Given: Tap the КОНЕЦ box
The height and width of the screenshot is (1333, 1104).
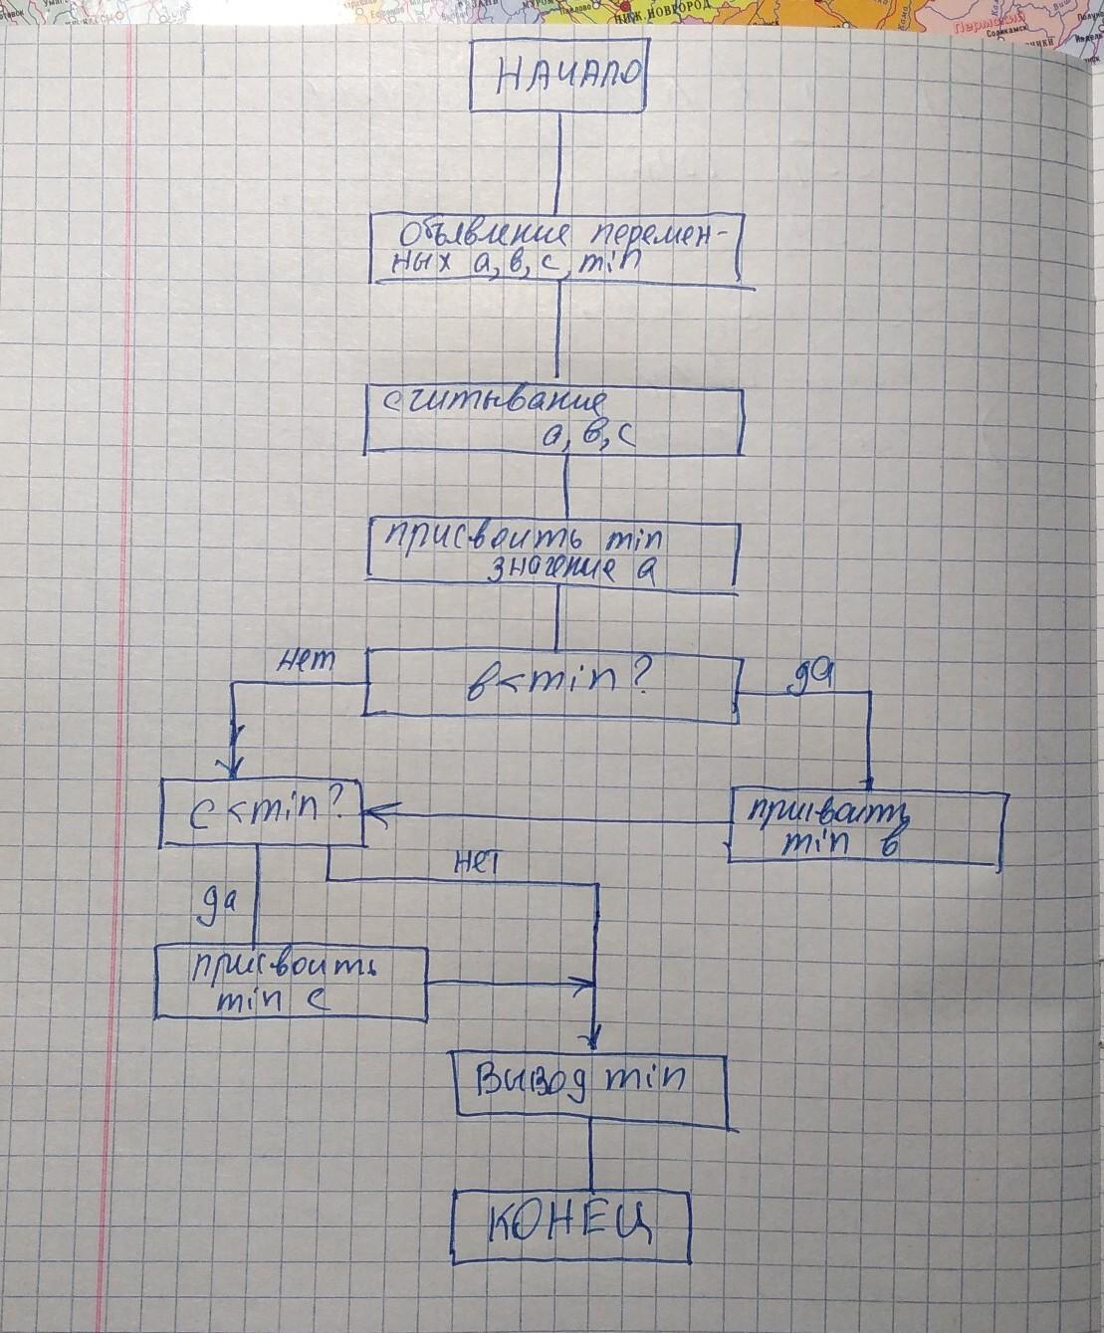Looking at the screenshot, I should tap(570, 1226).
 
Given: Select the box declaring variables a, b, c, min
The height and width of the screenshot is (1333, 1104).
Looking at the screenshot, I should tap(557, 249).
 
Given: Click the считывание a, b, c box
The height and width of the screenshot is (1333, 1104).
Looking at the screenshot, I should tap(554, 420).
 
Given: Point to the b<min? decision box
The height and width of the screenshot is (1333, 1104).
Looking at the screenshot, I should tap(551, 684).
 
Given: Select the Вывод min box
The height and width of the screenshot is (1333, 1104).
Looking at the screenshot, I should tap(589, 1086).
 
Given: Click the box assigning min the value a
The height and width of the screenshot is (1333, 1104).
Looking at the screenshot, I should tap(552, 554).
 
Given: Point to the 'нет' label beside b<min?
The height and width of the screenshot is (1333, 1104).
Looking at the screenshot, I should tap(310, 660).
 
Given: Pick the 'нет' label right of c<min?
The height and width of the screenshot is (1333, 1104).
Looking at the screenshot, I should tap(475, 863).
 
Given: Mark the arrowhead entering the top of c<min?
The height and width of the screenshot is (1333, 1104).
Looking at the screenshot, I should tap(235, 767).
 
